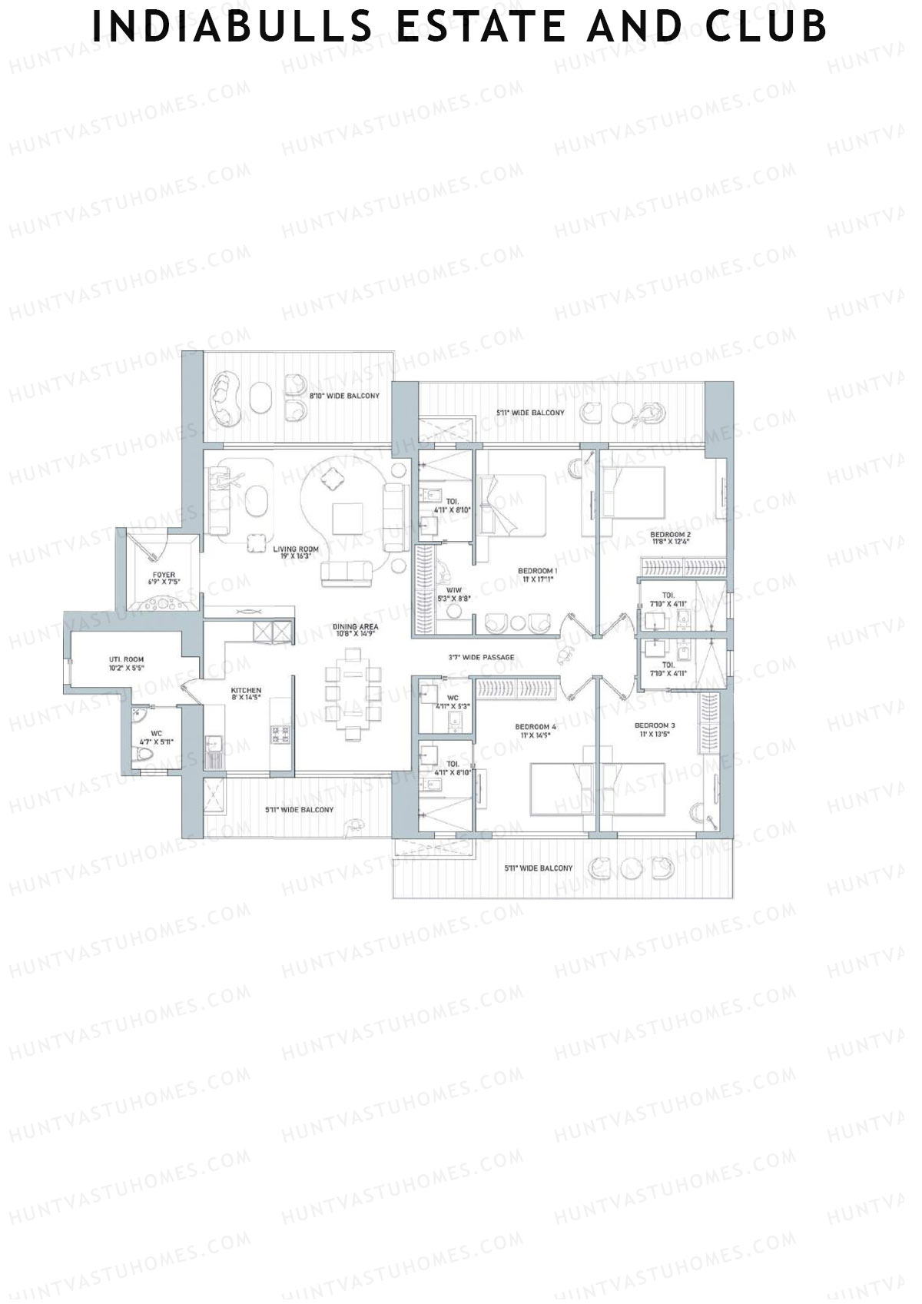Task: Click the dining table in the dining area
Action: [353, 694]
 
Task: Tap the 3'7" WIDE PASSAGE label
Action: [481, 658]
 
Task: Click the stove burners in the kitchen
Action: [279, 734]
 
